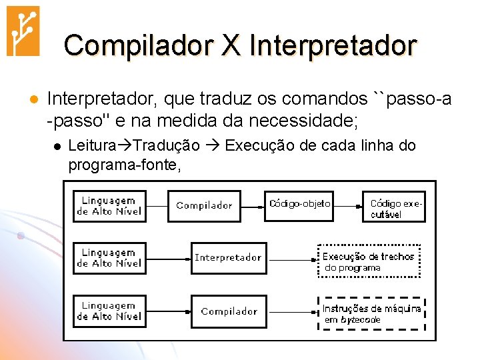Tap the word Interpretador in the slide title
333,45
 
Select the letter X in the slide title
231,45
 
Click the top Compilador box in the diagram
205,205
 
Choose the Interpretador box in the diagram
228,257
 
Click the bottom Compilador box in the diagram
228,311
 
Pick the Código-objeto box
299,204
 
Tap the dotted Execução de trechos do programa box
370,261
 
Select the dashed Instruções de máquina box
371,313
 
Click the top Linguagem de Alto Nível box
109,205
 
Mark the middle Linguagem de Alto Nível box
109,257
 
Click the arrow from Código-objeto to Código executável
349,204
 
